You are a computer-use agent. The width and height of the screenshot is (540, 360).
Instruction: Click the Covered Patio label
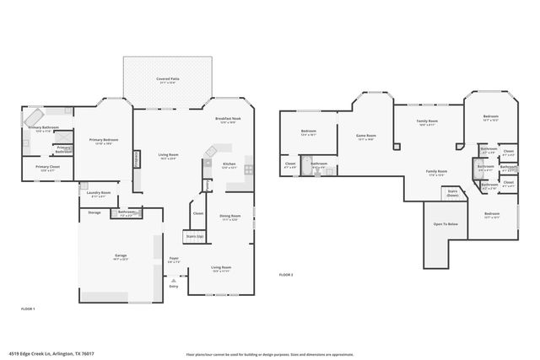(x=166, y=79)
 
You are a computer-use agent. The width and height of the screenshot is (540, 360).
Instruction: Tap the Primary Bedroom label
(x=103, y=140)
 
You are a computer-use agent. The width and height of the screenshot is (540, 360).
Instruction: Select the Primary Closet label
(x=47, y=167)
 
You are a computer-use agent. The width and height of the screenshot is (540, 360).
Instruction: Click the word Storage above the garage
(x=94, y=212)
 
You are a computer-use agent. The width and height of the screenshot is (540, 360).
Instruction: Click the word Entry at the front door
(x=174, y=287)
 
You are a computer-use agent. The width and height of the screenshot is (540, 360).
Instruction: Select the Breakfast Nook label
(x=228, y=119)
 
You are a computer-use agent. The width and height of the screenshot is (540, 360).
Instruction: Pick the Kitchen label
(x=229, y=164)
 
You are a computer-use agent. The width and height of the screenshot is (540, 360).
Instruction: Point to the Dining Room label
(x=230, y=218)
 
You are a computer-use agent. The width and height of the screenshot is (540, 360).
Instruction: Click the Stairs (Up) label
(x=194, y=237)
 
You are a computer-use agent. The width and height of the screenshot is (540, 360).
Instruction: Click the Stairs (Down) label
(x=452, y=193)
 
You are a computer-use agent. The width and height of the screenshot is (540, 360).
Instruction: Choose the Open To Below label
(x=445, y=224)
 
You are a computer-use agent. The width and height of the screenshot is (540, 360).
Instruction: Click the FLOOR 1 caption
(x=28, y=309)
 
